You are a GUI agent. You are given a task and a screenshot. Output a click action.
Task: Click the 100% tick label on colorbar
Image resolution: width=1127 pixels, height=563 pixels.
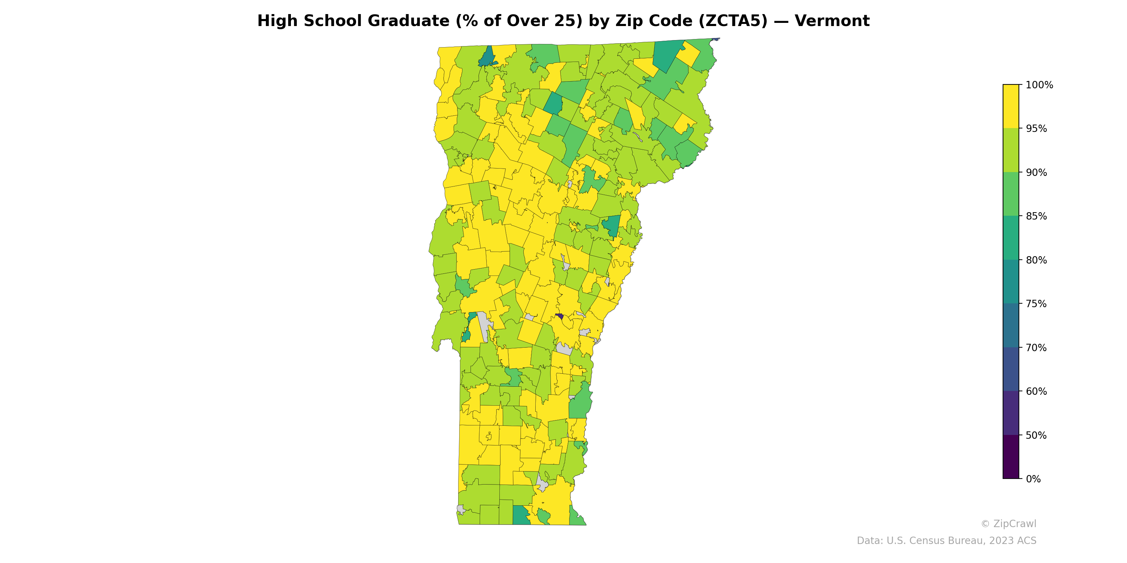(1039, 85)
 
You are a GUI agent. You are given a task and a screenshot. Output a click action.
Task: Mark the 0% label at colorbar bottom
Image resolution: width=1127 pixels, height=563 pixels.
(1033, 479)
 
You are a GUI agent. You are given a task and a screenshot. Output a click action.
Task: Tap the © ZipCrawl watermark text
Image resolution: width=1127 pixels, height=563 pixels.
(1008, 524)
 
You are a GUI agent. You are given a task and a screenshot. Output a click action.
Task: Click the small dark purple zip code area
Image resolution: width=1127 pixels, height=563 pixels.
(559, 316)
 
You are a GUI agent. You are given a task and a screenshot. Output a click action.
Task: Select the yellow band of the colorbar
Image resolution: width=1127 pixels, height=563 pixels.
(1011, 106)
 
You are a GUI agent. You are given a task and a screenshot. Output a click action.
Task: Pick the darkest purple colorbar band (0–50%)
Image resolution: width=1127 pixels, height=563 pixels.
(1011, 457)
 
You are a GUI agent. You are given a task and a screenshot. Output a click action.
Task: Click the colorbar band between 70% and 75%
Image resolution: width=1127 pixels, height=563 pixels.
(1011, 325)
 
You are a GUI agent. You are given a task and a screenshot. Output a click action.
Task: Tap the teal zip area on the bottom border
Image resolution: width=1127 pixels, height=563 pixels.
(521, 516)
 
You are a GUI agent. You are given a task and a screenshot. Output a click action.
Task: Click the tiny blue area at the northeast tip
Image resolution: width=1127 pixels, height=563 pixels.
(716, 39)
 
